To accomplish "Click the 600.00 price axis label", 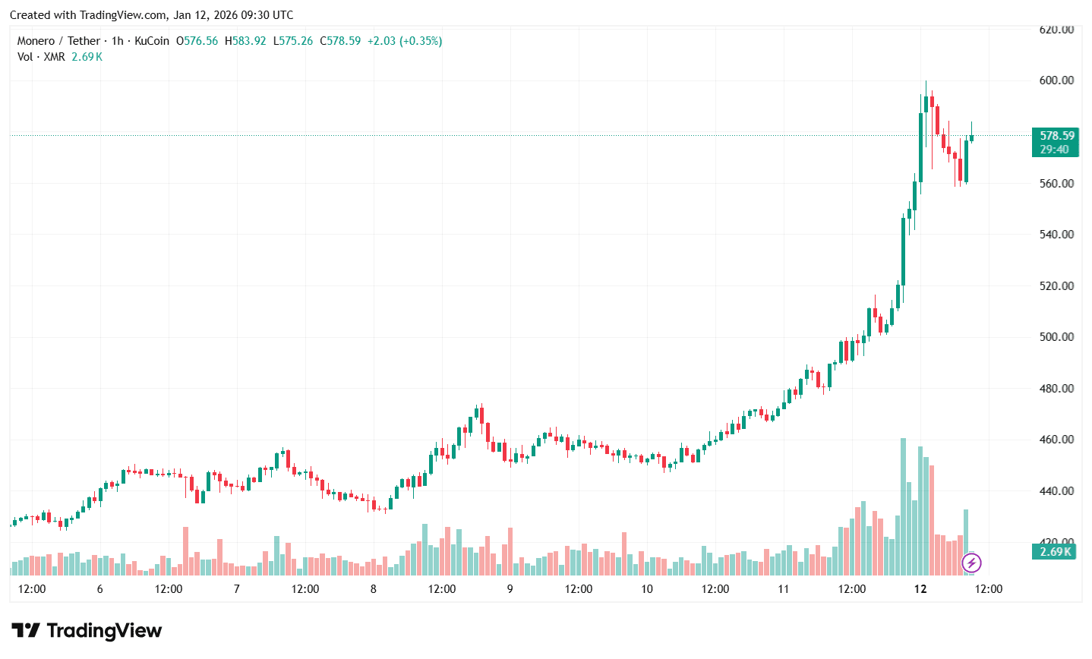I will (1056, 80).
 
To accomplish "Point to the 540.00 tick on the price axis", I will (1056, 235).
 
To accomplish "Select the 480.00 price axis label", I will (1056, 389).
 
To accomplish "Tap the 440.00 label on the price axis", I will (1056, 491).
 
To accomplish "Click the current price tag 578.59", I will (1057, 136).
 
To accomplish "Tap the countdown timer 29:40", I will (1054, 150).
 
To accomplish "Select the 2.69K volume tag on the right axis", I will (1055, 552).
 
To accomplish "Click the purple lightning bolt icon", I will (971, 563).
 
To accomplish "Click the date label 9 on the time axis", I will (510, 589).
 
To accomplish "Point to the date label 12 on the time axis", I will (920, 589).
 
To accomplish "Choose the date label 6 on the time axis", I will (99, 589).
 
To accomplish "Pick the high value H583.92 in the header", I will (245, 41).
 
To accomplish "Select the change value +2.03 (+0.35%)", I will (404, 41).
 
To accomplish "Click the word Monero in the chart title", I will (36, 41).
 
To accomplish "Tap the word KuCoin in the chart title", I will (152, 41).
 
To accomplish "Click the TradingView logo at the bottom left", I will (87, 631).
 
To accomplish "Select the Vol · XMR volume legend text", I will (41, 57).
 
